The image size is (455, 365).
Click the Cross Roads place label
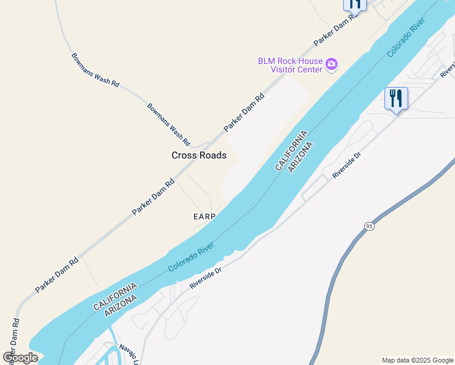tap(199, 155)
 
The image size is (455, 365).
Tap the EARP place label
tap(205, 217)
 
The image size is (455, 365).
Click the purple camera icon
tap(332, 64)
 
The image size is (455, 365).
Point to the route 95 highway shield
tap(370, 226)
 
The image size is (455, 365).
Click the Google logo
tap(20, 357)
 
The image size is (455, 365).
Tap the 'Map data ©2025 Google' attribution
tap(418, 360)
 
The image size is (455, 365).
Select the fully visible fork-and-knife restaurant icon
tap(396, 99)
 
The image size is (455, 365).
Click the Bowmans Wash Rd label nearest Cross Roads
tap(168, 120)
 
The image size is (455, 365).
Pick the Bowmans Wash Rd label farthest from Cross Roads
tap(96, 70)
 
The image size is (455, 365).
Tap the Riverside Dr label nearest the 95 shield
tap(347, 165)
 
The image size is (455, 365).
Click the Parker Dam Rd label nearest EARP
tap(154, 196)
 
